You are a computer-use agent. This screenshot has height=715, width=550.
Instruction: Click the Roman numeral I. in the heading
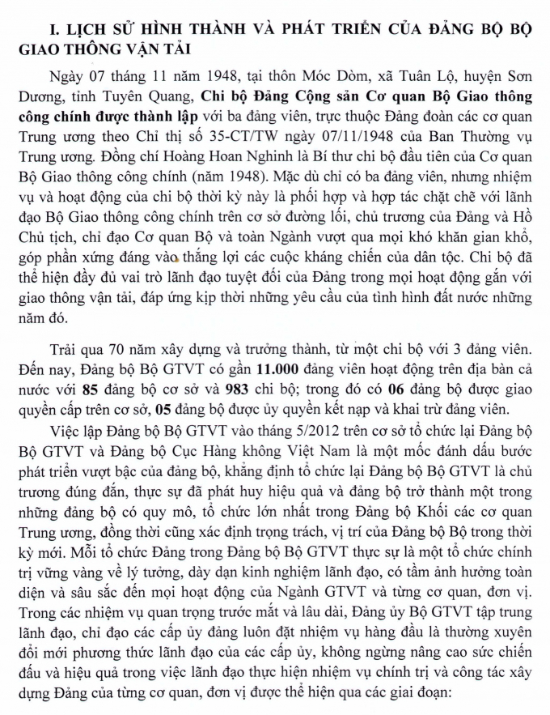(56, 29)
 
